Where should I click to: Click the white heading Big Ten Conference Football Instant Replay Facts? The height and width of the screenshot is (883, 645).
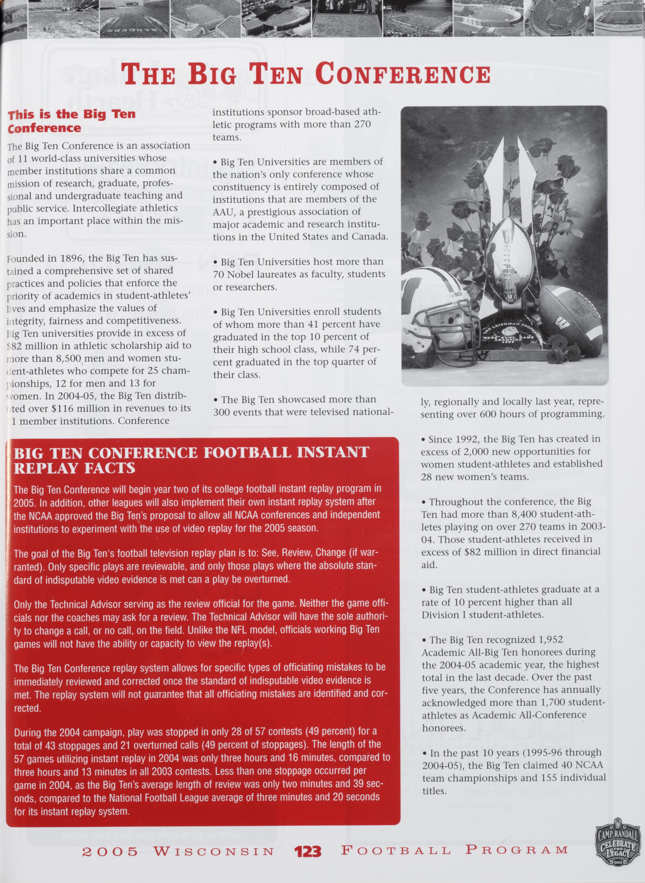click(x=191, y=460)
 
